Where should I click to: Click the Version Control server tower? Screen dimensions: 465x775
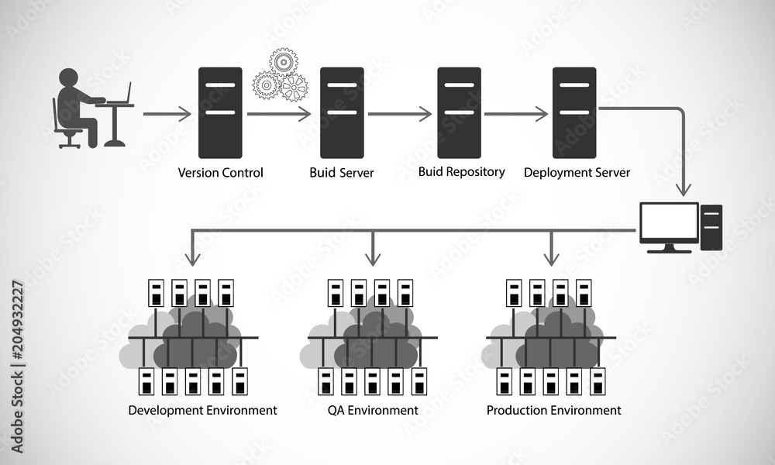click(220, 113)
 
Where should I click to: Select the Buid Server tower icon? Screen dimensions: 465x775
click(342, 113)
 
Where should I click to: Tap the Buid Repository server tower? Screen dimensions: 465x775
click(459, 113)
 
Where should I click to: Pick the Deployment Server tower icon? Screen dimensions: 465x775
click(574, 113)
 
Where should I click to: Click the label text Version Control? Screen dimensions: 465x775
click(220, 173)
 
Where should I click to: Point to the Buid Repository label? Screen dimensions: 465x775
click(461, 171)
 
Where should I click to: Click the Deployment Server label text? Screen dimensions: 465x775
click(577, 172)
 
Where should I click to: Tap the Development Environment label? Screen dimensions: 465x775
click(202, 410)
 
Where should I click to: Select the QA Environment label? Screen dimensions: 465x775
click(372, 410)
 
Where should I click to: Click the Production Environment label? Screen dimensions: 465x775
click(553, 410)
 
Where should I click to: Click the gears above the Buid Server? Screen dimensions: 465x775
click(281, 75)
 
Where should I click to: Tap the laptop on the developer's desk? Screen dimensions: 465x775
click(121, 95)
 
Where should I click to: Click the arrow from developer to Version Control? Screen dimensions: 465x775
click(167, 114)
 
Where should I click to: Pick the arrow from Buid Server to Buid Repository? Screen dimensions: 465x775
click(399, 114)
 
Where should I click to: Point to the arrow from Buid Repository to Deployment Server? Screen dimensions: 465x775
click(516, 114)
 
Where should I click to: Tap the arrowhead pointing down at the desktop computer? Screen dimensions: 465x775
click(684, 188)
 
